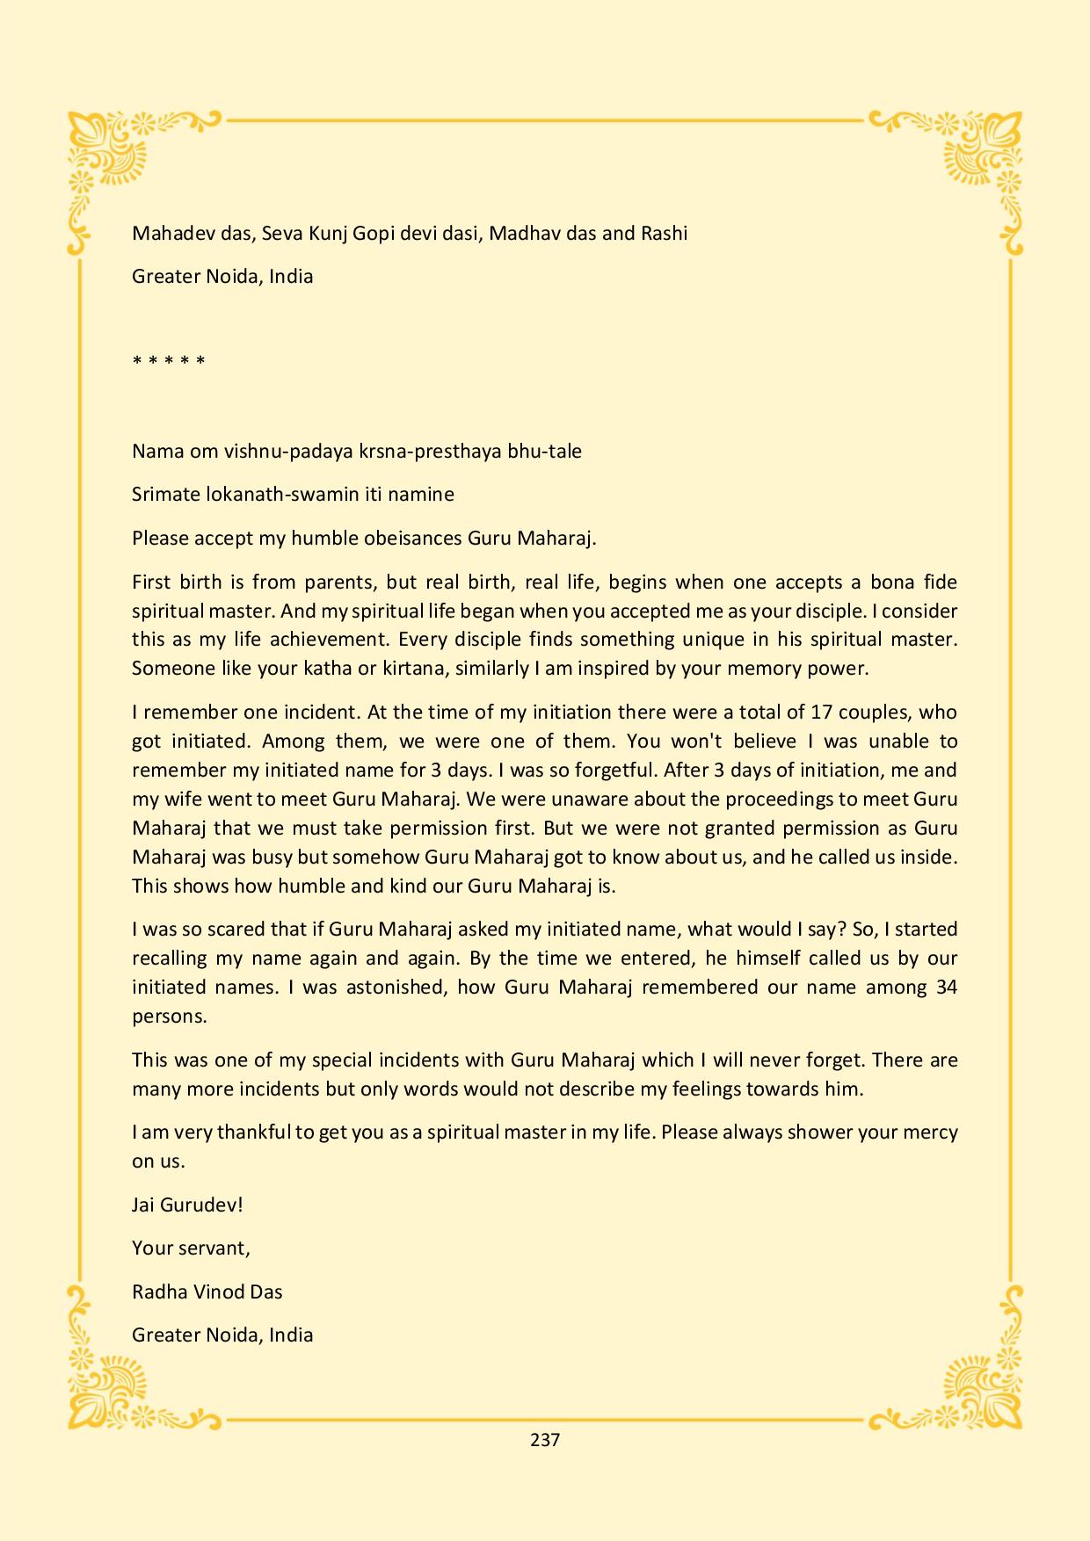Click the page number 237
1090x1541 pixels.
click(545, 1440)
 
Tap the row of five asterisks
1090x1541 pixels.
click(169, 361)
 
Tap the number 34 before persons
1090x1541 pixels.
click(947, 987)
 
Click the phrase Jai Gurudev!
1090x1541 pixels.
click(187, 1204)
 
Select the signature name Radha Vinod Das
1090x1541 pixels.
click(207, 1291)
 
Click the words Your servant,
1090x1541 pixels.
click(191, 1248)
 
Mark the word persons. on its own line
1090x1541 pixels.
click(170, 1016)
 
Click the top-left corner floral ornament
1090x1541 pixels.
click(105, 154)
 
